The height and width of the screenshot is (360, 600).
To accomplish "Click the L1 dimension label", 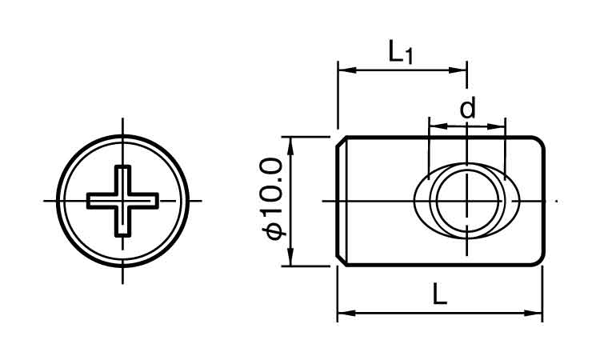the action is point(401,53).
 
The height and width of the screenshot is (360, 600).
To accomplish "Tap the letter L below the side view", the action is point(440,294).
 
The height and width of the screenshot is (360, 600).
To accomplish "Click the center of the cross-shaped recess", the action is point(122,201).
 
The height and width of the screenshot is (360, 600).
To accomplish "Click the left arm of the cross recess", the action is point(101,201).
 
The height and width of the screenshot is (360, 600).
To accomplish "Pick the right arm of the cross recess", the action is point(144,201).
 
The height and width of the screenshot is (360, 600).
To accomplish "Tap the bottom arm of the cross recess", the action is point(122,222).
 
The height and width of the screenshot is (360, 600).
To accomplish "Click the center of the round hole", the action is point(468,201).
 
